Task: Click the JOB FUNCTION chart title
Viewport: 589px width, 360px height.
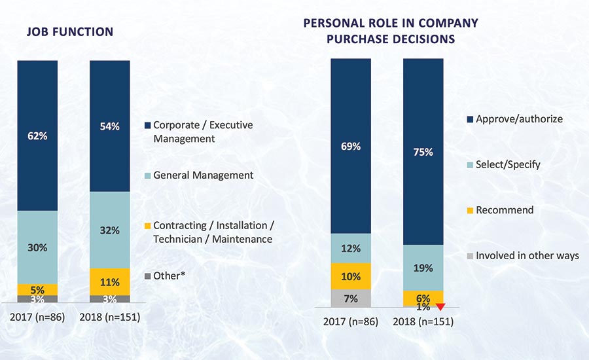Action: (69, 31)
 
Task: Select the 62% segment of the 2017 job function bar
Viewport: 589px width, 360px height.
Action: (37, 136)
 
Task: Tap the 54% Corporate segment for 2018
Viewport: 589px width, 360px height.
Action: (109, 126)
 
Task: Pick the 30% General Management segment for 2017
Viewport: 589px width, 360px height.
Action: (37, 247)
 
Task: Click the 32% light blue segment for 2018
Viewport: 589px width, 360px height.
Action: (109, 230)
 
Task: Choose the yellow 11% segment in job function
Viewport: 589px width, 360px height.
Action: (109, 281)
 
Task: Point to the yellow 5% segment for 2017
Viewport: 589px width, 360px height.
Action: (37, 289)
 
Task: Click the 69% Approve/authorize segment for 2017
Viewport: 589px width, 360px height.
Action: (351, 146)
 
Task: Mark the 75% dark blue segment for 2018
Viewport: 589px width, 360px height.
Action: (423, 151)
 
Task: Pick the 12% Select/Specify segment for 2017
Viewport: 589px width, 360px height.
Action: (351, 248)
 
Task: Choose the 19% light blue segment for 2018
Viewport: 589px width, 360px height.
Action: (423, 267)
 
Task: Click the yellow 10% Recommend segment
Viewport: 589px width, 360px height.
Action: (351, 276)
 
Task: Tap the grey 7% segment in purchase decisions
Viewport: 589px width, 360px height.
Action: (351, 298)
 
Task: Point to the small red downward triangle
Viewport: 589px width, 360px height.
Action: (440, 306)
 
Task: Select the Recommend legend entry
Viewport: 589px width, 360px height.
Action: (505, 210)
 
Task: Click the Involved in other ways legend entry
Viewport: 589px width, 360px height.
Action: (527, 255)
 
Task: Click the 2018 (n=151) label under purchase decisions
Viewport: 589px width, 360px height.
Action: (423, 321)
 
